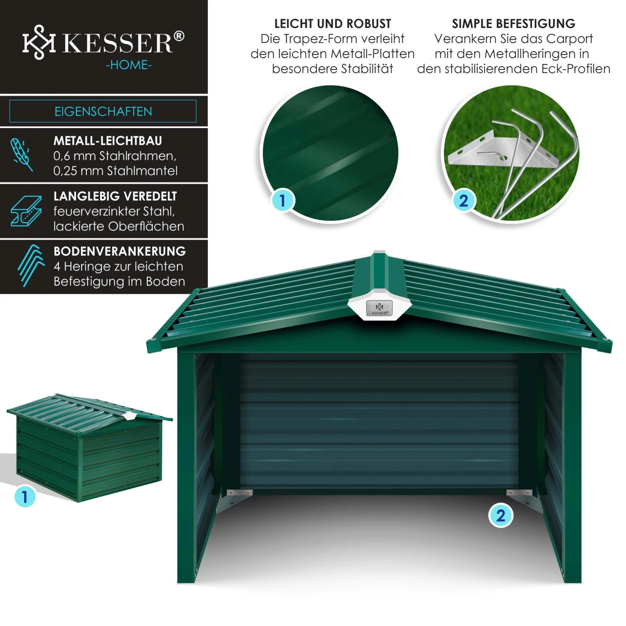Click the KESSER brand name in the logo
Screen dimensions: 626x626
(x=118, y=43)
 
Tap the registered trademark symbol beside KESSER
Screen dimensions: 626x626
(x=179, y=36)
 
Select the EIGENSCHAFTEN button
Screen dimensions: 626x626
(x=103, y=111)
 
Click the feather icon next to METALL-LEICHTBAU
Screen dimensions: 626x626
(x=22, y=154)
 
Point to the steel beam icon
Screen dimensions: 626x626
(x=26, y=211)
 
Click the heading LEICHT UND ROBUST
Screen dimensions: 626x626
(x=333, y=24)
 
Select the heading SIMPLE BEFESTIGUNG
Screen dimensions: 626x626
(x=513, y=24)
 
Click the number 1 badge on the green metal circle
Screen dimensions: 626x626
(x=283, y=200)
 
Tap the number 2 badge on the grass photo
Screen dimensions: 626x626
(x=464, y=201)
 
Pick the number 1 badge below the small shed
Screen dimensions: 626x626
(x=25, y=496)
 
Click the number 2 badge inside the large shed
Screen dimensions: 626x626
(x=500, y=516)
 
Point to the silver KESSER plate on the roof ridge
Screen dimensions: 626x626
(x=379, y=308)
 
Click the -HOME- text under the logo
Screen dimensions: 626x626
(x=129, y=65)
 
